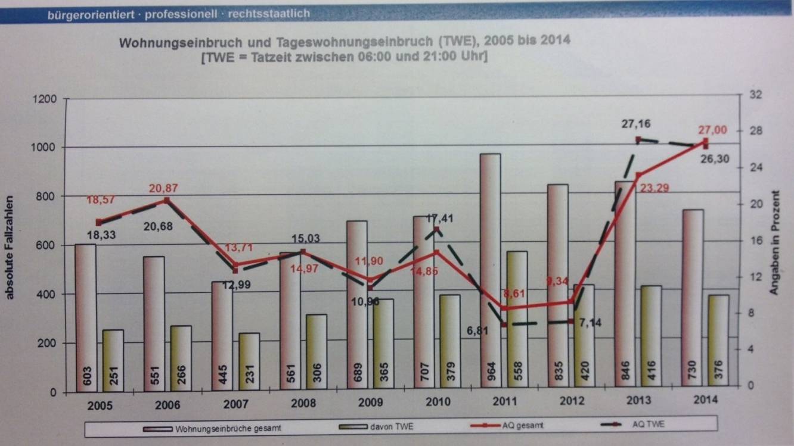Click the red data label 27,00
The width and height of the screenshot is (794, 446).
[712, 130]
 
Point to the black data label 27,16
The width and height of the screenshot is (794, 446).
[635, 124]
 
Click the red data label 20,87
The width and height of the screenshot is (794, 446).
[163, 188]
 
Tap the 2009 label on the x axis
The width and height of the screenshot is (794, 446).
[371, 403]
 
